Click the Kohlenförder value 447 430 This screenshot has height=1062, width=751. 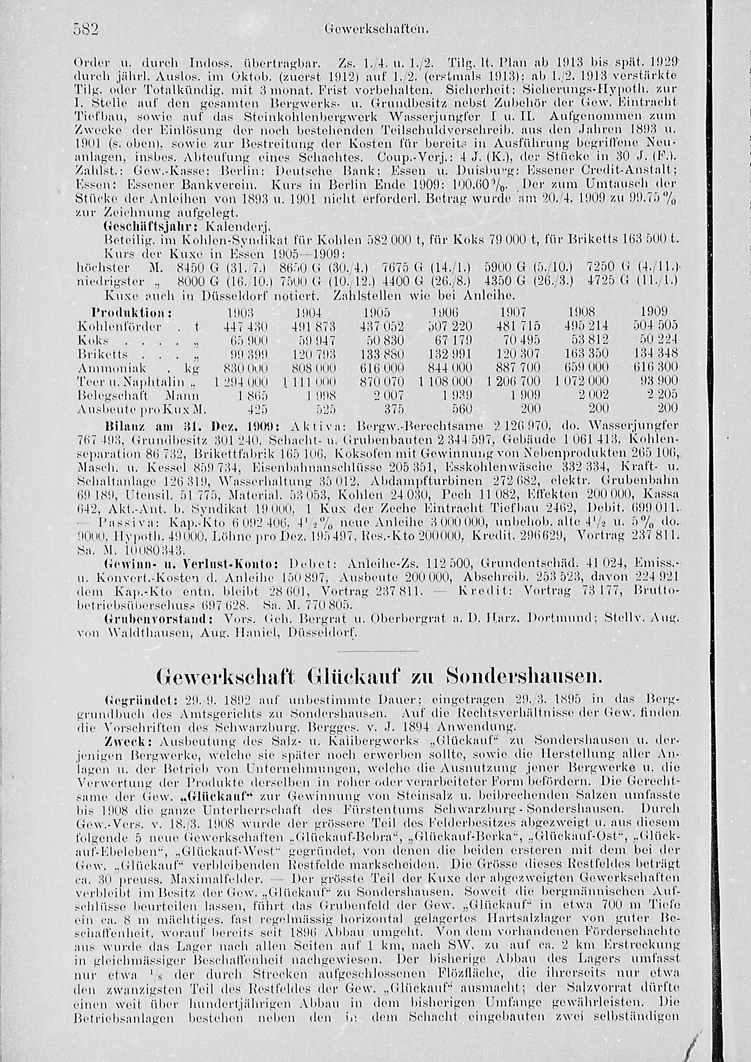point(246,327)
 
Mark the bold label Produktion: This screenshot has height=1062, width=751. point(132,312)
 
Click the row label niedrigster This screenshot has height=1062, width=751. point(109,281)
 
